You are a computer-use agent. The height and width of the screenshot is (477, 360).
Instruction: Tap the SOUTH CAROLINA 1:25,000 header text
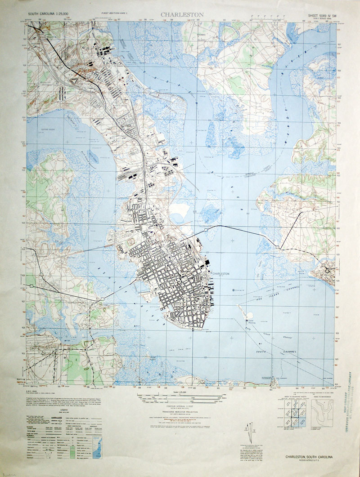(x=47, y=14)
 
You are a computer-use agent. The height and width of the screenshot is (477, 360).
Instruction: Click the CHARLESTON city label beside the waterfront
(x=220, y=273)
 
